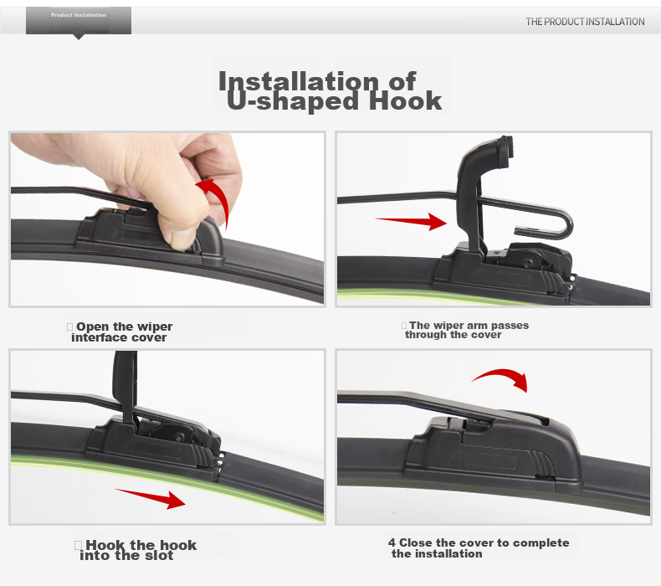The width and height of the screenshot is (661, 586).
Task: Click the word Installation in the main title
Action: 299,80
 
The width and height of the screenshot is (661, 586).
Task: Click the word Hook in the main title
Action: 405,100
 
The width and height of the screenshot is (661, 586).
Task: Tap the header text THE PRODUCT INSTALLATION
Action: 585,22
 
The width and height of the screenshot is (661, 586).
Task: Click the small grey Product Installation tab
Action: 79,21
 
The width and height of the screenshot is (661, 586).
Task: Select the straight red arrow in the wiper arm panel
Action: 411,221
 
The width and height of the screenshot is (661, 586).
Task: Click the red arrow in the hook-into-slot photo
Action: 151,499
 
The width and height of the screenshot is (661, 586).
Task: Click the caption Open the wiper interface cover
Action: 120,332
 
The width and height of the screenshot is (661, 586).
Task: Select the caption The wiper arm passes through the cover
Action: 466,330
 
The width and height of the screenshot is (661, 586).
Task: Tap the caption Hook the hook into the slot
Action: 136,550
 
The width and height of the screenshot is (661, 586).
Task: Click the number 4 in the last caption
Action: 392,542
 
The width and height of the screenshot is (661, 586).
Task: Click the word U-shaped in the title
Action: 293,101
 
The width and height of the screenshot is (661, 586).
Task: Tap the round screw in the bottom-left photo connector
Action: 180,436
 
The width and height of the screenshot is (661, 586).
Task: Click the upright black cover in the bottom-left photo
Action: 126,386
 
